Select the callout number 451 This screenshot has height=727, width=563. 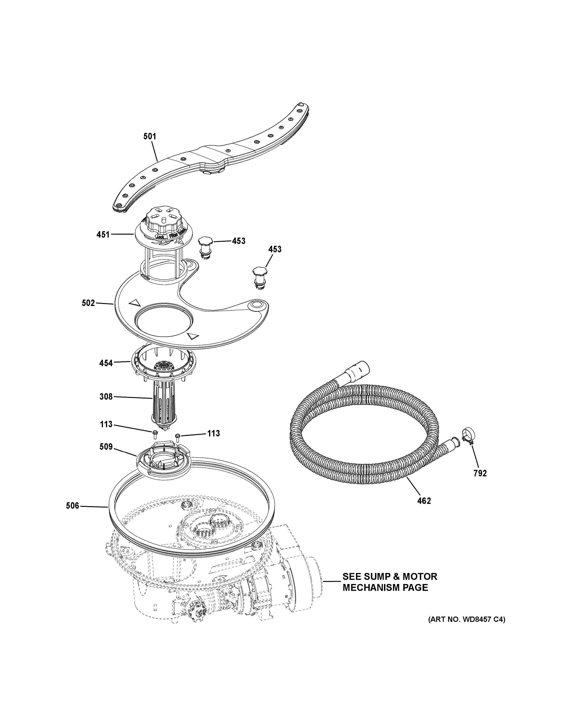coord(103,234)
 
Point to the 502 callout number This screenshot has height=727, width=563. coord(88,303)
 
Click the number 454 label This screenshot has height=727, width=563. coord(106,363)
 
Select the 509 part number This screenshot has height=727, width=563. coord(106,447)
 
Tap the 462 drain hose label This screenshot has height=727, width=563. coord(424,510)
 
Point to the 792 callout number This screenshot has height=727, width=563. coord(480,473)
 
